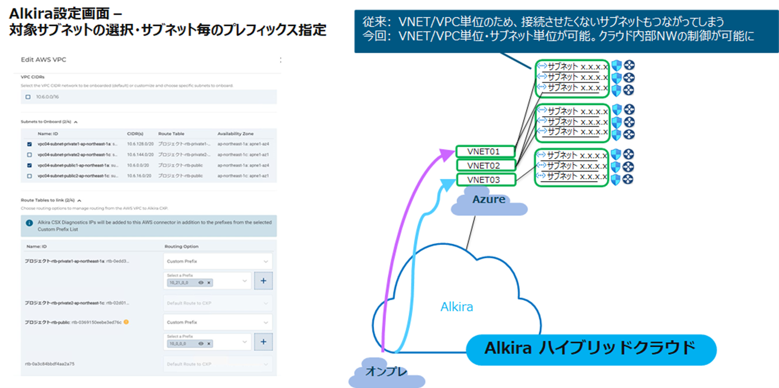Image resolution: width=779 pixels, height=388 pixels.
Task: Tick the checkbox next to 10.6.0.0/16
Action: (x=28, y=97)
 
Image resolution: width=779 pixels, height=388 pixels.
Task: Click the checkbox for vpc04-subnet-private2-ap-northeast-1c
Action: (x=29, y=154)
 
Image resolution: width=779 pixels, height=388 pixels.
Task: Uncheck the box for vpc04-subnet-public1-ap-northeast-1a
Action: (x=29, y=165)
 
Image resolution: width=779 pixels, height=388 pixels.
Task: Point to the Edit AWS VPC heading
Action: (x=43, y=60)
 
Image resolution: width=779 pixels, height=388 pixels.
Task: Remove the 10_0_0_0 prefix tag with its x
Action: (x=209, y=344)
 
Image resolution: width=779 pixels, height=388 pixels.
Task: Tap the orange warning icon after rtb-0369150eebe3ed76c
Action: (x=126, y=323)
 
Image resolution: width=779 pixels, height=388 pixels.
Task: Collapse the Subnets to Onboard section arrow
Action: (x=76, y=121)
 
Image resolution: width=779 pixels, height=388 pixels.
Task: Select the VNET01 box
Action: (x=485, y=152)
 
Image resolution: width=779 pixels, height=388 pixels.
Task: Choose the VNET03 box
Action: (x=485, y=180)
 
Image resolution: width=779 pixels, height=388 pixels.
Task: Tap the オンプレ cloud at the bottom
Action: (x=379, y=372)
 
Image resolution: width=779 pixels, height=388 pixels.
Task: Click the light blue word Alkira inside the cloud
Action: (x=457, y=307)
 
